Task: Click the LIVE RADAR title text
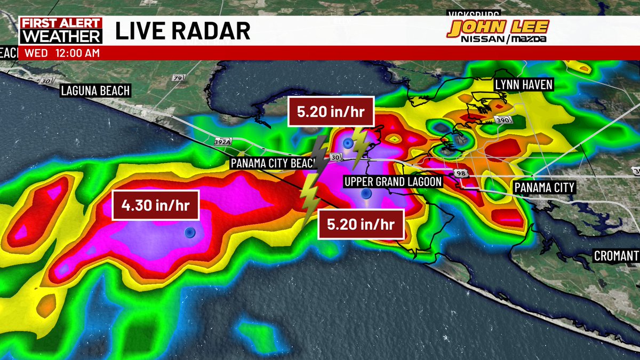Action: point(183,31)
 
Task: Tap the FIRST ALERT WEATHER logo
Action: point(60,30)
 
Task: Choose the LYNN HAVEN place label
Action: point(523,84)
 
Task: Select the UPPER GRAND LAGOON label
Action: point(393,182)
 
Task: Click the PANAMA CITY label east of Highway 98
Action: point(543,187)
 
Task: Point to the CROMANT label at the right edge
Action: point(617,255)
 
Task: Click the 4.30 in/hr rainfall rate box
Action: point(155,205)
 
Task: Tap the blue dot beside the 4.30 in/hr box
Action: point(189,233)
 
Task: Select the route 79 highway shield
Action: point(177,78)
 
